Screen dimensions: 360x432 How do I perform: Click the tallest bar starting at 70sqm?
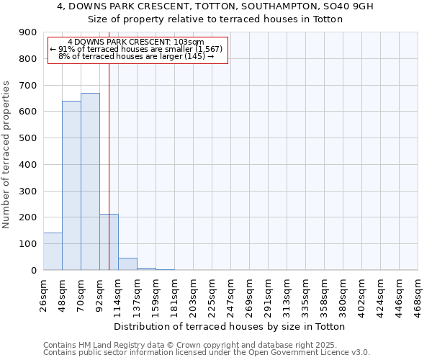[x=90, y=181]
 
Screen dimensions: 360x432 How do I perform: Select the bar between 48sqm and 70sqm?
[x=71, y=185]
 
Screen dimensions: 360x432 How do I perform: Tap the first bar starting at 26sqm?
[x=53, y=251]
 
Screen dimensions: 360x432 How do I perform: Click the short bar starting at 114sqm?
[x=127, y=264]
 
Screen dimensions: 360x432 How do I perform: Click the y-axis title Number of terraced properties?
[x=7, y=155]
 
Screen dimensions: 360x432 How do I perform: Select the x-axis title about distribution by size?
[x=230, y=326]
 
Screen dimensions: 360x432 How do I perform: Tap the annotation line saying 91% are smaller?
[x=138, y=49]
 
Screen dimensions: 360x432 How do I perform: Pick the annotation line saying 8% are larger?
[x=136, y=56]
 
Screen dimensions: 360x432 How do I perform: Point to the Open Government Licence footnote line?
[x=207, y=353]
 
